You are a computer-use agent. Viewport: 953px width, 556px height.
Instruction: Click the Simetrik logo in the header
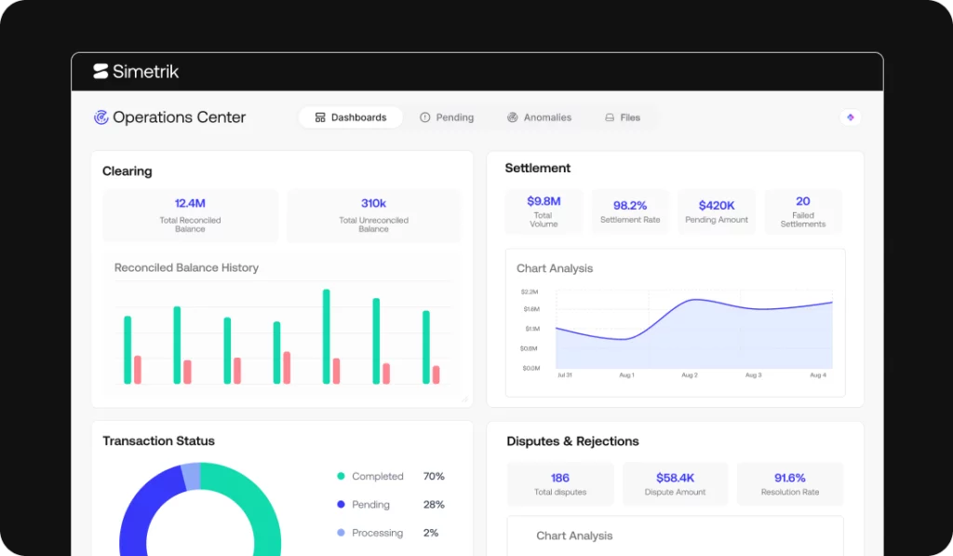pyautogui.click(x=136, y=72)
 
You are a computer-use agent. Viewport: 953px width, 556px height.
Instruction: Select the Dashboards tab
pyautogui.click(x=351, y=117)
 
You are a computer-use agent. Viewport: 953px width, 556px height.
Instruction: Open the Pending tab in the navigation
pyautogui.click(x=447, y=117)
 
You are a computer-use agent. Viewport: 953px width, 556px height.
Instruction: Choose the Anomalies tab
pyautogui.click(x=539, y=117)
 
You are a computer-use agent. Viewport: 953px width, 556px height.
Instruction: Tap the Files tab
pyautogui.click(x=623, y=117)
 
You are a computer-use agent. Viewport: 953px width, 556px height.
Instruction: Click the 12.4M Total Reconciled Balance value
pyautogui.click(x=190, y=203)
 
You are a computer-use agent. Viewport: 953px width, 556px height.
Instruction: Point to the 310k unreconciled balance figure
pyautogui.click(x=373, y=203)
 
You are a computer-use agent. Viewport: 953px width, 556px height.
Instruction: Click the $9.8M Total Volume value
pyautogui.click(x=544, y=201)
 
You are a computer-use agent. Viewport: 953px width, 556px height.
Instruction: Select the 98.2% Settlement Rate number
pyautogui.click(x=630, y=206)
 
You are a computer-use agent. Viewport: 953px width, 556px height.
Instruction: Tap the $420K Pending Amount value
pyautogui.click(x=717, y=206)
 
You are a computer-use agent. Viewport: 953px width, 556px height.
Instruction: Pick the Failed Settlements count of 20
pyautogui.click(x=803, y=201)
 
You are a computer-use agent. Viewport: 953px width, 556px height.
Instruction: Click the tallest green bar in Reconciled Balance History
pyautogui.click(x=327, y=336)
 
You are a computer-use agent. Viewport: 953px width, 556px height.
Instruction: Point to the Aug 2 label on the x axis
pyautogui.click(x=690, y=375)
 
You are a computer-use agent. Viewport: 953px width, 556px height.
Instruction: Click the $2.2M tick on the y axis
pyautogui.click(x=530, y=292)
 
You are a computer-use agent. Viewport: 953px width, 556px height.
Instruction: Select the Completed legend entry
pyautogui.click(x=370, y=476)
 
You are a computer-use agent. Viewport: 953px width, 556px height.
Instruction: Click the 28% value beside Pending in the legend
pyautogui.click(x=434, y=504)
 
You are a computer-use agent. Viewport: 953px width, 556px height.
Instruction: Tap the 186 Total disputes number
pyautogui.click(x=559, y=478)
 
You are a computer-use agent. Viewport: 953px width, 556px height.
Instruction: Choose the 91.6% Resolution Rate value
pyautogui.click(x=789, y=478)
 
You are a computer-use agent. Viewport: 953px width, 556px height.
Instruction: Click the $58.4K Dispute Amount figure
pyautogui.click(x=675, y=478)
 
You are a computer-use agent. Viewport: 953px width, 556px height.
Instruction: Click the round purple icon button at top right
pyautogui.click(x=851, y=117)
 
